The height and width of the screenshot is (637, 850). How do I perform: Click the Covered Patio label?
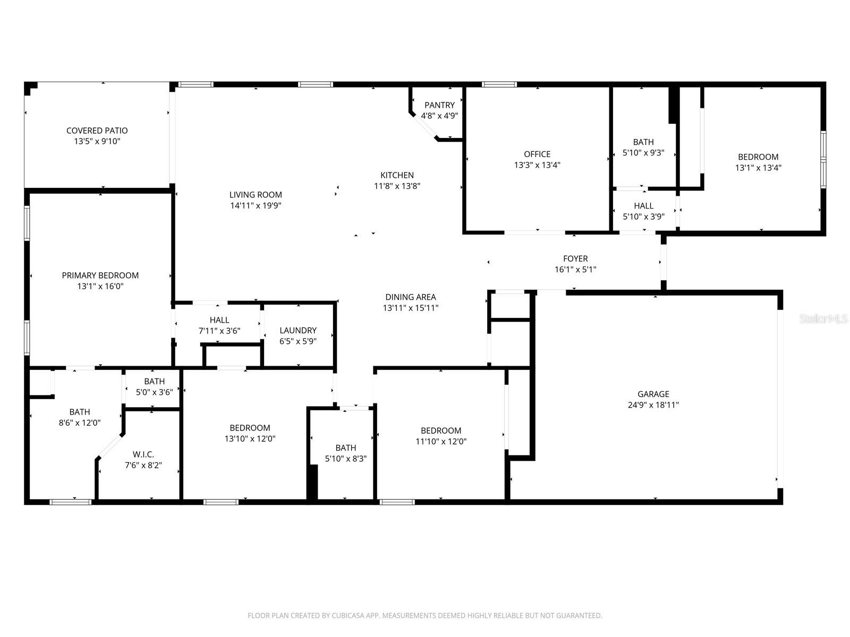97,131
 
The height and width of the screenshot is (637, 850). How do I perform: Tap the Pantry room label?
439,105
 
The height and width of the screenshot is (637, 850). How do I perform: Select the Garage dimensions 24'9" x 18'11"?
653,405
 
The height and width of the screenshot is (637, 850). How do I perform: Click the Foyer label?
575,259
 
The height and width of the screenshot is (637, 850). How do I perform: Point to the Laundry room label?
297,330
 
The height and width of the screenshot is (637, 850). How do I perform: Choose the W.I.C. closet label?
143,454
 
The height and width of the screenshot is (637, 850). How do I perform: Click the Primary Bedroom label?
100,275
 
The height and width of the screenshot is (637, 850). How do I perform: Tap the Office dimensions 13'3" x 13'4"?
537,165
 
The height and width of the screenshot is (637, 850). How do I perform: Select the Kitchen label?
397,175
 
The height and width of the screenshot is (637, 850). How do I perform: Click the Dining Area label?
410,297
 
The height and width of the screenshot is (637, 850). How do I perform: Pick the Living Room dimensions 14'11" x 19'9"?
256,205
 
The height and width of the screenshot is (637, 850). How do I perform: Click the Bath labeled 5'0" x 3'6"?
154,381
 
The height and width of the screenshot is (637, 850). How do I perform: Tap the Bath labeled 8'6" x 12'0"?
79,412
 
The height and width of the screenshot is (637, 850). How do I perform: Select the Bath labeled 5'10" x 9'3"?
643,142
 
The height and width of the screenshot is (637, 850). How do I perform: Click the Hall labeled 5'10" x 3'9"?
643,205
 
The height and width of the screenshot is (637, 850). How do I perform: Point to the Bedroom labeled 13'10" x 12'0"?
250,428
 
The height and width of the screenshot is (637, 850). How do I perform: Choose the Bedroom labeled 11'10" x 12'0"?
440,431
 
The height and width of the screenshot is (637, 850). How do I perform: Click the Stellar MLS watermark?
823,319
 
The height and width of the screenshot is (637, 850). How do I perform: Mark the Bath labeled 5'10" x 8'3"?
345,447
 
